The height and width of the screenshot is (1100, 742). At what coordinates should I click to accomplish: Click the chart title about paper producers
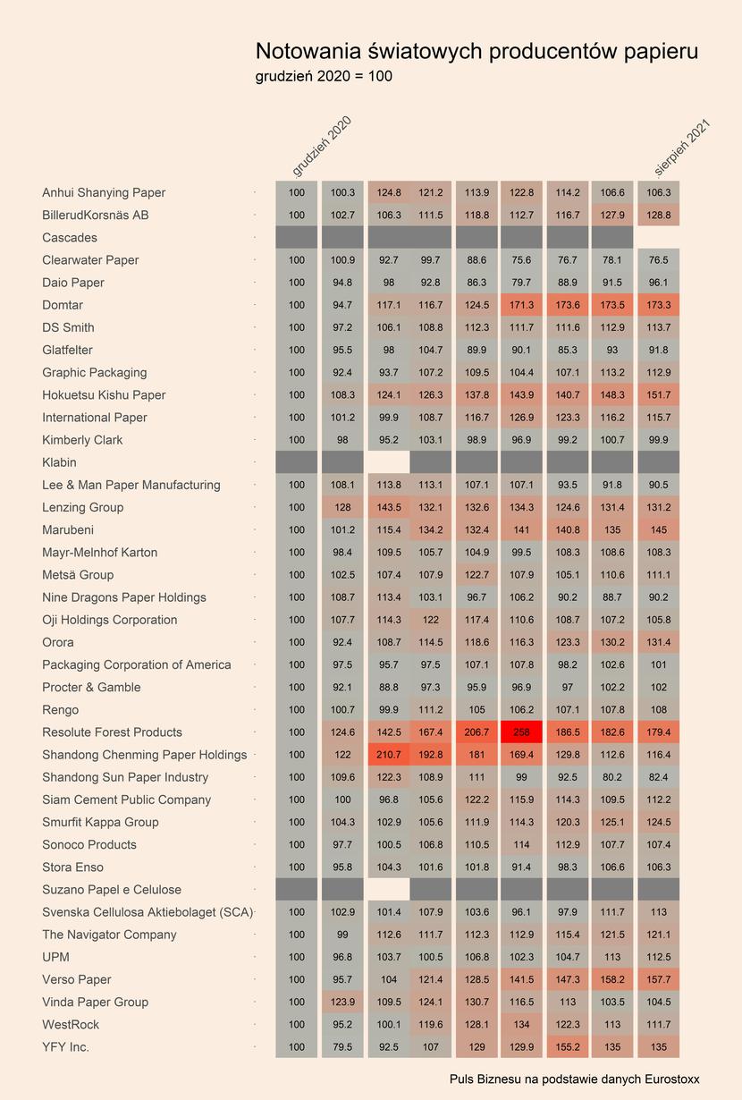476,52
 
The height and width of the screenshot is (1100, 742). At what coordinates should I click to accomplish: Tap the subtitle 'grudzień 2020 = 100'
324,76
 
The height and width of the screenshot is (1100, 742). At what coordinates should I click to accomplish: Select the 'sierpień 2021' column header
682,148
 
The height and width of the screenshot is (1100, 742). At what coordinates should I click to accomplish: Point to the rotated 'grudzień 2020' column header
322,146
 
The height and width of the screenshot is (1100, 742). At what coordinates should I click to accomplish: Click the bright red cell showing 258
521,732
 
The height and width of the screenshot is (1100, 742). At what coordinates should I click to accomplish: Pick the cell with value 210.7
389,755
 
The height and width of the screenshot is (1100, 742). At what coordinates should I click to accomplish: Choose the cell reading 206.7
476,732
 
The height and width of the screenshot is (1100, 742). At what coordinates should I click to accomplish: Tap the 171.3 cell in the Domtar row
521,305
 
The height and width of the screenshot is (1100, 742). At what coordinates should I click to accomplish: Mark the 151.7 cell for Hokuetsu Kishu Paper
659,394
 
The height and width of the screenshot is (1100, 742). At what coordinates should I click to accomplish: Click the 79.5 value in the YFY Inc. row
342,1047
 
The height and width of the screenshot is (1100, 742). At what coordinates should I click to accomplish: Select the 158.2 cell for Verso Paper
612,979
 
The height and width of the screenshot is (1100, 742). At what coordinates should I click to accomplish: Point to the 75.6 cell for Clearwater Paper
521,259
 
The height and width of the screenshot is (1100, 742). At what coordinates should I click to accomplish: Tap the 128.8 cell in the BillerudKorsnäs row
659,216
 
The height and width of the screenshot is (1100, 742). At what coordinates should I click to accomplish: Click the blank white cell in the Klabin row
389,462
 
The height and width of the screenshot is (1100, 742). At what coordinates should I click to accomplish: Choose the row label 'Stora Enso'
72,867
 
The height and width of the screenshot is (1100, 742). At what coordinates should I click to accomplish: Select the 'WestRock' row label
71,1024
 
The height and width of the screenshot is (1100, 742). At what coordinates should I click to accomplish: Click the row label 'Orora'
58,642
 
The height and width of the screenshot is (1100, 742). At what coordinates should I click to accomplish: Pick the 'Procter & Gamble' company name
91,687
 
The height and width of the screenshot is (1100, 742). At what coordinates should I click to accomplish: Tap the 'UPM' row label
56,957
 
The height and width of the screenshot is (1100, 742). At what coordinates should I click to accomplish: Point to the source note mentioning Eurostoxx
574,1079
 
